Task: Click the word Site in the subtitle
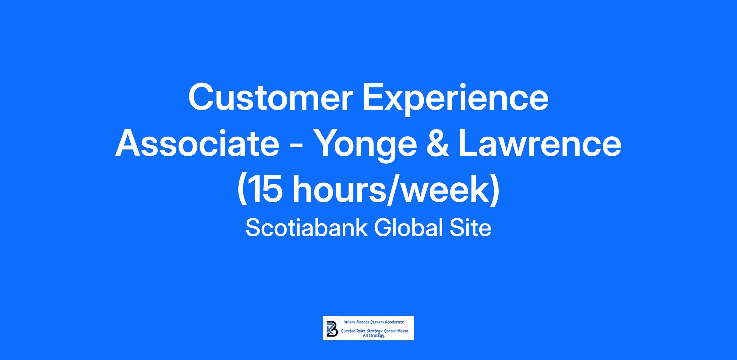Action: [x=470, y=228]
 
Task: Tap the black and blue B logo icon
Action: [x=331, y=328]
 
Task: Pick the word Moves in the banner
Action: [x=402, y=331]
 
